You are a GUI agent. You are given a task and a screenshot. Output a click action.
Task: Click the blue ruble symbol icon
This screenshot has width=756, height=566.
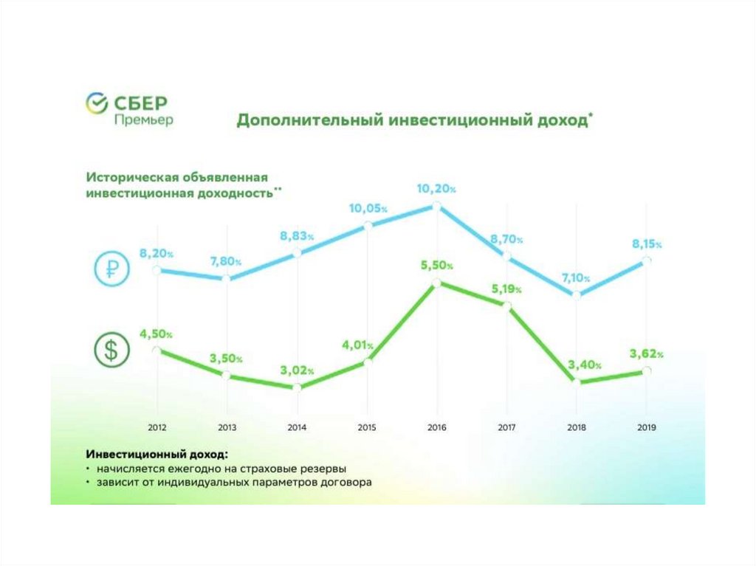click(x=111, y=270)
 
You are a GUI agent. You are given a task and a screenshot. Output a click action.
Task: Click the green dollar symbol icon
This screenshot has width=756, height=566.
click(x=111, y=351)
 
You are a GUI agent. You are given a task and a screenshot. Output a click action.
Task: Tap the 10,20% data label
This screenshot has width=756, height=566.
click(x=436, y=189)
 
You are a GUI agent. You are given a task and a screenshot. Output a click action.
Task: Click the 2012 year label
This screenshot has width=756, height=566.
click(x=157, y=427)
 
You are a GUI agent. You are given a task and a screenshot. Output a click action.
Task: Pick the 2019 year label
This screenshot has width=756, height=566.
click(x=647, y=427)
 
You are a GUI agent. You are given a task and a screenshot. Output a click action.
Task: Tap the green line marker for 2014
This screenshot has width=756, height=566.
click(x=297, y=387)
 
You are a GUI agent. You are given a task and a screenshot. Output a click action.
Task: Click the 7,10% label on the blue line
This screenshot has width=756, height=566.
click(x=577, y=277)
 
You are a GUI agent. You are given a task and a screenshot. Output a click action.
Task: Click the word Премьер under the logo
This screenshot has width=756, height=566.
click(x=144, y=120)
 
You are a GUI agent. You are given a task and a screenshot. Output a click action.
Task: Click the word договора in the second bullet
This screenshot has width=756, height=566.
click(x=350, y=483)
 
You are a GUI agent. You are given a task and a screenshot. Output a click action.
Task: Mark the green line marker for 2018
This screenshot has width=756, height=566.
click(x=576, y=382)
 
